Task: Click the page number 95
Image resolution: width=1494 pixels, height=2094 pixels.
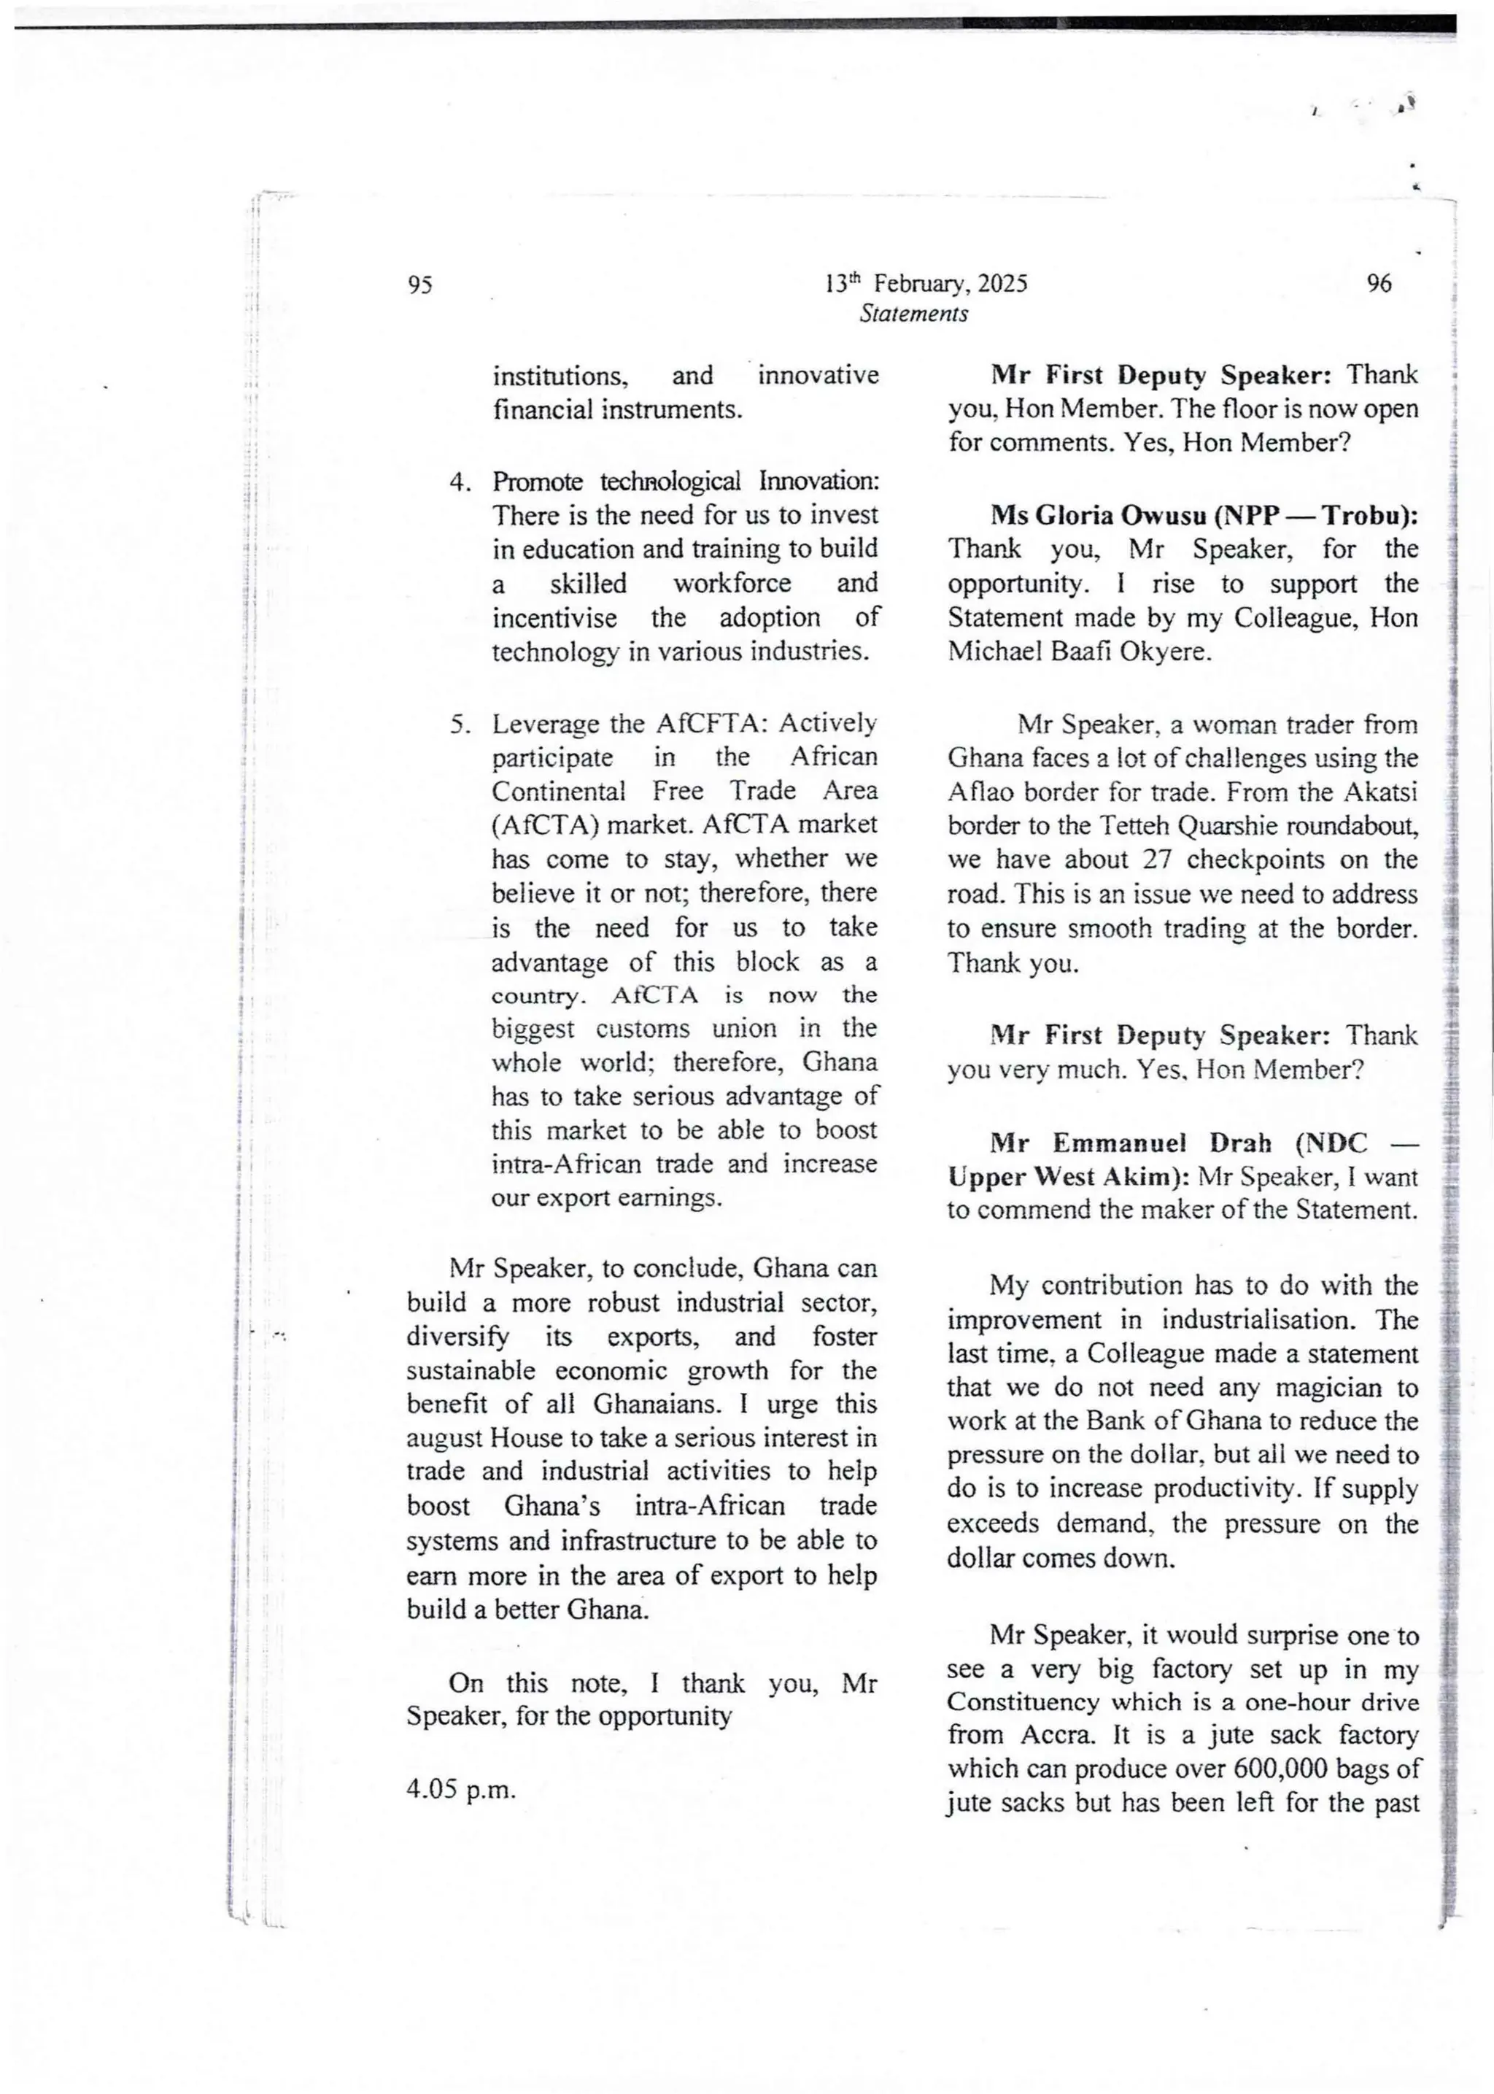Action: click(x=419, y=285)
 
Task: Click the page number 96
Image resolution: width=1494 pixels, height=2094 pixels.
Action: click(x=1379, y=283)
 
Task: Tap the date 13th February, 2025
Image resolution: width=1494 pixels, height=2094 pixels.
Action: click(x=926, y=283)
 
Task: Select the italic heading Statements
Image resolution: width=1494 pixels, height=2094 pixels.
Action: click(x=913, y=314)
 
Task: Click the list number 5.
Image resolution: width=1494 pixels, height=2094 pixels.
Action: click(x=461, y=724)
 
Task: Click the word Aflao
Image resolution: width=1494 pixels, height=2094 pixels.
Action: click(x=980, y=792)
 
